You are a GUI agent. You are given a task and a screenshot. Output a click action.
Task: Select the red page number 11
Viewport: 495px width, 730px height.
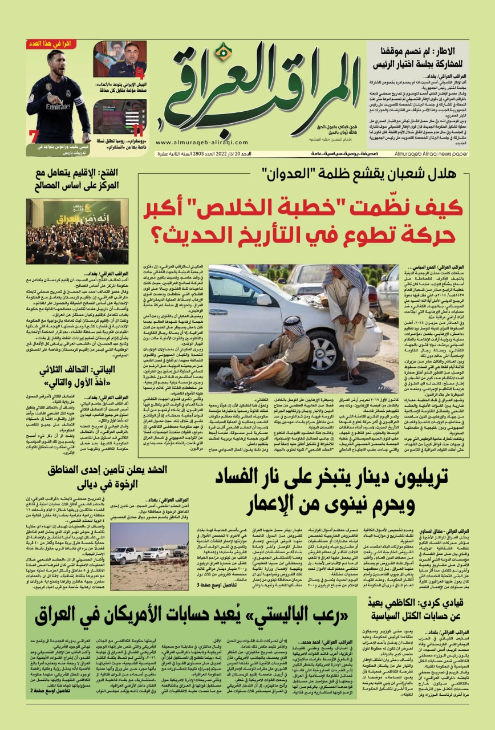137,131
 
